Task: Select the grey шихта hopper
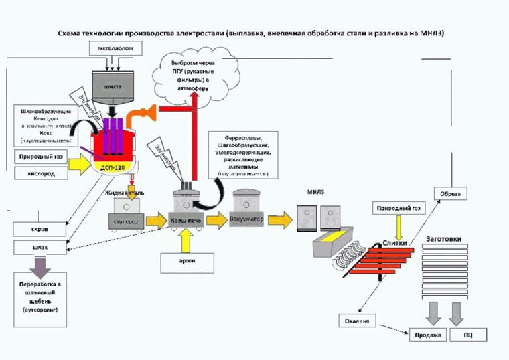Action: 113,86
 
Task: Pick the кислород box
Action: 40,174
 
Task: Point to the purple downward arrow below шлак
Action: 40,268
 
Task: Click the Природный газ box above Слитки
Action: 398,207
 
